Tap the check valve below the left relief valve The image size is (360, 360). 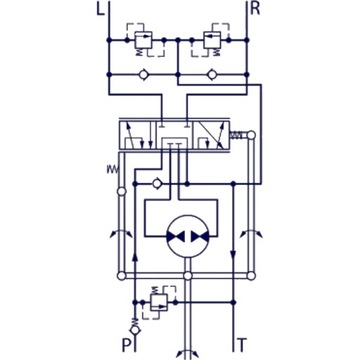143,76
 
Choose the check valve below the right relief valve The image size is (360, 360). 212,76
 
